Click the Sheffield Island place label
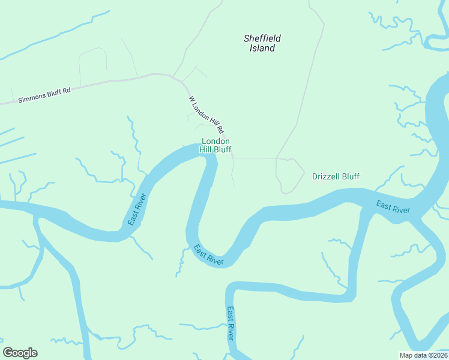262,43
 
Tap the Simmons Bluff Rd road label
44,95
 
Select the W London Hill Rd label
206,115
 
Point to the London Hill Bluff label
215,146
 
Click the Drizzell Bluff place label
336,176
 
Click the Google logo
20,353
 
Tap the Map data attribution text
423,355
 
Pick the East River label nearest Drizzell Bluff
393,208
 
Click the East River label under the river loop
208,255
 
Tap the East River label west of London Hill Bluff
137,209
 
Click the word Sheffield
262,38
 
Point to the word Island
262,48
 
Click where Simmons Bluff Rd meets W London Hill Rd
174,77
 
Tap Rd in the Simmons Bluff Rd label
67,91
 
